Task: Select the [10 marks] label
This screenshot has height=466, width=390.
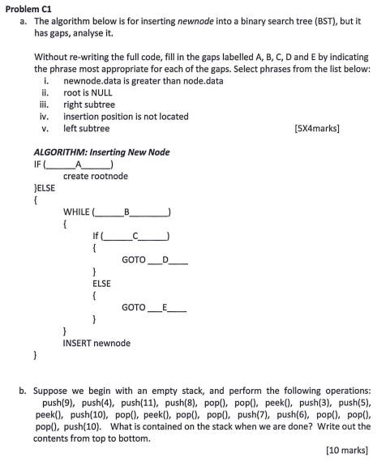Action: (x=346, y=448)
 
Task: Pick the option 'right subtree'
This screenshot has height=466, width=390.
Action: (x=89, y=105)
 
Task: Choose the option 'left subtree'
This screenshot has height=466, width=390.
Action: (x=86, y=128)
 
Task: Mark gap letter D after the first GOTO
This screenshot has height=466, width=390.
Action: (x=165, y=259)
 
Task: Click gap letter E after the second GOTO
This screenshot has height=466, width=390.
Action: (x=165, y=307)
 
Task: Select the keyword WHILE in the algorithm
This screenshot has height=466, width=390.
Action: (x=77, y=212)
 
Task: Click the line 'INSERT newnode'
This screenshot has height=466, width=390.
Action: (x=96, y=343)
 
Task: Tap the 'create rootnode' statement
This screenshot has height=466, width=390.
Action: (x=96, y=176)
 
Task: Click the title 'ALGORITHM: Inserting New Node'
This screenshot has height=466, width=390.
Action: (x=101, y=152)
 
